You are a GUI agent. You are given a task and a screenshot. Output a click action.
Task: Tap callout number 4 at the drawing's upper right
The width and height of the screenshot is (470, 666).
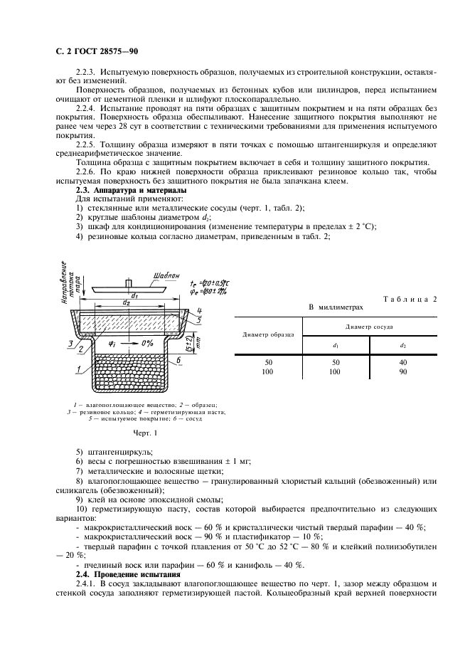tap(201, 310)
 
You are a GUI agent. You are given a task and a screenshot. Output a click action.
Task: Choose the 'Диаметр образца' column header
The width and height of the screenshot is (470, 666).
tap(267, 334)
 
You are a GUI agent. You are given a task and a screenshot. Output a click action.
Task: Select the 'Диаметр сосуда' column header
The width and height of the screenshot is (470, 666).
tap(370, 327)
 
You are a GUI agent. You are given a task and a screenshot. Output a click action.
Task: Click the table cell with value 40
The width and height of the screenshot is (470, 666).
tap(403, 362)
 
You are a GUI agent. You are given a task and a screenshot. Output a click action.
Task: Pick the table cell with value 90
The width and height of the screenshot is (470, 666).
tap(403, 371)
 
